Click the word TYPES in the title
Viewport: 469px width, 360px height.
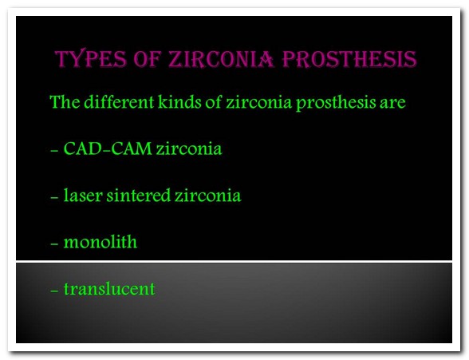pyautogui.click(x=91, y=58)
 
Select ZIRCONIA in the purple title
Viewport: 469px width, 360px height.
pyautogui.click(x=221, y=58)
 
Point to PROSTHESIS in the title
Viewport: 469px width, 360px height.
pyautogui.click(x=349, y=58)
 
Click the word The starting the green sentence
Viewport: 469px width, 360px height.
pyautogui.click(x=65, y=101)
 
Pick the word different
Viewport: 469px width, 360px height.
pyautogui.click(x=119, y=101)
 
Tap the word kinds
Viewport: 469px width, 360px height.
pyautogui.click(x=179, y=101)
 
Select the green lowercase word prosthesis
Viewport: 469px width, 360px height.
pyautogui.click(x=336, y=104)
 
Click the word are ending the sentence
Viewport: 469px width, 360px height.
pyautogui.click(x=392, y=104)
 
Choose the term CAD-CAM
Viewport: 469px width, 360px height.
pyautogui.click(x=108, y=148)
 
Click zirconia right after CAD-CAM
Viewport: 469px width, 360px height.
pyautogui.click(x=189, y=148)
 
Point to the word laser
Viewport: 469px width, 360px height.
pyautogui.click(x=83, y=195)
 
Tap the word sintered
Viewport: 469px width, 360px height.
pyautogui.click(x=139, y=195)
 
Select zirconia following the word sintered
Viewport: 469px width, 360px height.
pyautogui.click(x=208, y=196)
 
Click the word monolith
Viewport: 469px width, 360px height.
pyautogui.click(x=100, y=242)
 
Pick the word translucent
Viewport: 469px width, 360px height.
pyautogui.click(x=109, y=289)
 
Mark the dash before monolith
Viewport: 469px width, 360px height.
pyautogui.click(x=54, y=244)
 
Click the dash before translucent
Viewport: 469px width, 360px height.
pyautogui.click(x=54, y=291)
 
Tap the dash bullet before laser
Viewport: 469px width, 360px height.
pyautogui.click(x=54, y=197)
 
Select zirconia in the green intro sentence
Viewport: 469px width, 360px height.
pyautogui.click(x=258, y=102)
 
